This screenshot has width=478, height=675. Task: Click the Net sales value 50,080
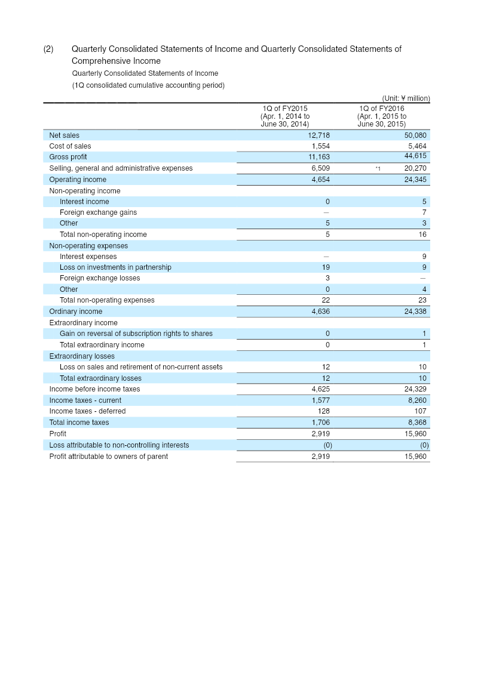click(x=415, y=135)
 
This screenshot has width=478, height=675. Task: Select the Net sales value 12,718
click(x=319, y=135)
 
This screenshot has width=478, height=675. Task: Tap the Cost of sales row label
click(x=70, y=146)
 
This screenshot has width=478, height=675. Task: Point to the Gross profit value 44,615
click(x=415, y=156)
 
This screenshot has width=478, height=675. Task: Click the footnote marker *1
click(x=378, y=169)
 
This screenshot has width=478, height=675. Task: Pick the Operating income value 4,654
click(x=320, y=180)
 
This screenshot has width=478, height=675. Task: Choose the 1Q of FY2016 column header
click(x=381, y=116)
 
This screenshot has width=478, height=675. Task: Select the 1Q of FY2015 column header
click(x=285, y=116)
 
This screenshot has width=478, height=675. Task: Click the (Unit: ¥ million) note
click(x=406, y=98)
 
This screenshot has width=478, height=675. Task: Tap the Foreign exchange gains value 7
click(x=424, y=212)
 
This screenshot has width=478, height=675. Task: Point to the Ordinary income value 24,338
click(x=415, y=312)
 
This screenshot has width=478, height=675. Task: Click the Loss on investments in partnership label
click(x=115, y=267)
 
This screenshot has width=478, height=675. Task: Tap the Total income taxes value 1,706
click(x=320, y=423)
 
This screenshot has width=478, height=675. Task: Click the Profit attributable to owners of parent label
click(x=108, y=457)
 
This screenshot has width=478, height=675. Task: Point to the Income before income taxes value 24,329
click(x=415, y=389)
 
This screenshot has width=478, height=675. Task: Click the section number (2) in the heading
click(x=48, y=49)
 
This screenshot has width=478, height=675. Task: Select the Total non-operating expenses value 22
click(x=326, y=300)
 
